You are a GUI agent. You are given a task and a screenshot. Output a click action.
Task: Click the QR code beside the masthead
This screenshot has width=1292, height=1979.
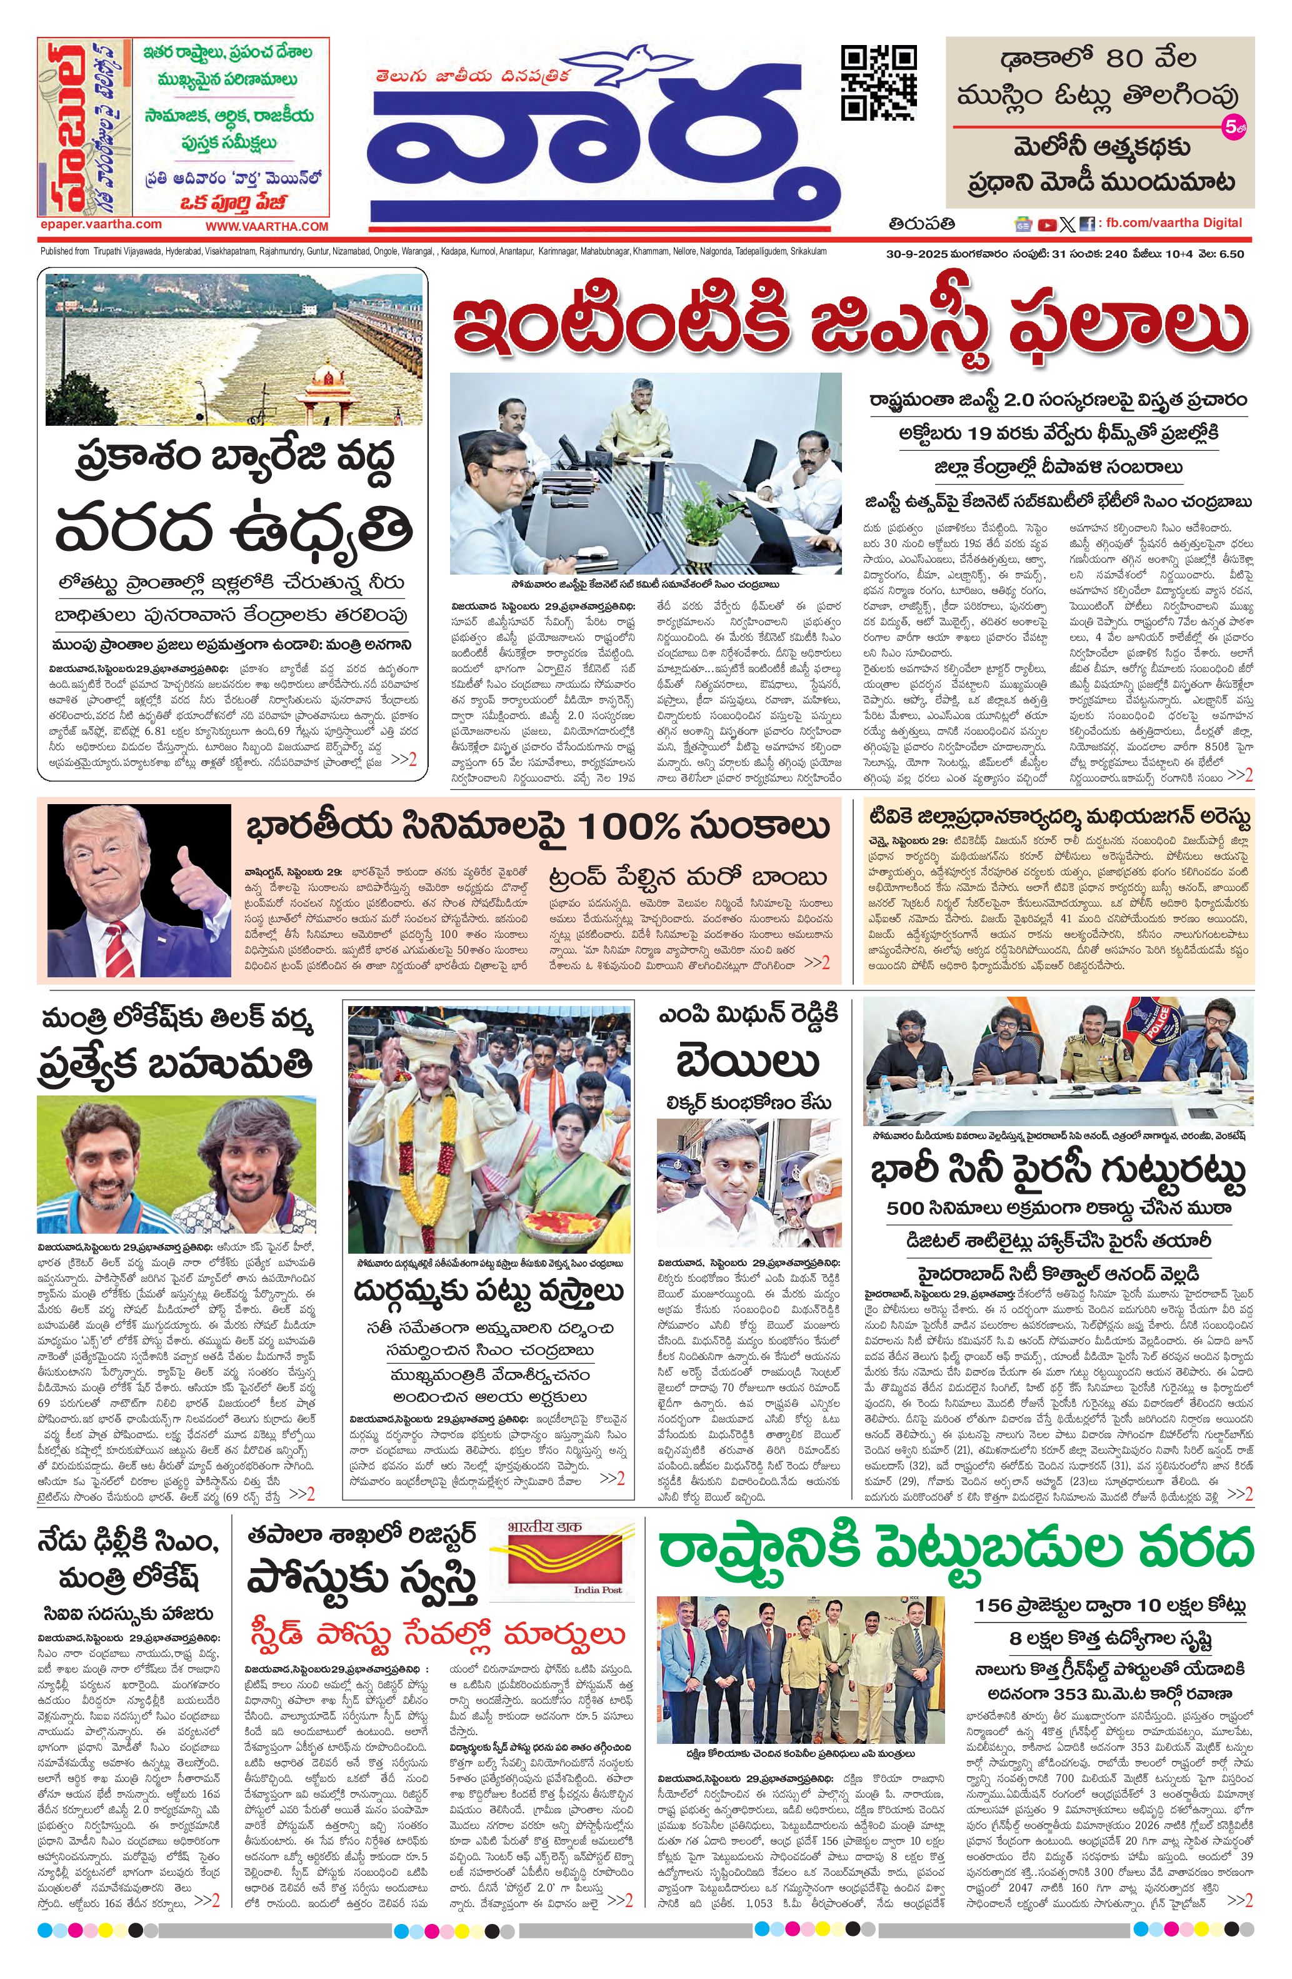tap(879, 83)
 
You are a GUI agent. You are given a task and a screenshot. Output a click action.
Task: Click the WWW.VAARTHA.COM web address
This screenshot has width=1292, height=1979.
tap(267, 226)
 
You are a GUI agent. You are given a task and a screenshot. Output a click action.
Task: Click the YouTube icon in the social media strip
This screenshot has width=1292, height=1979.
tap(1046, 224)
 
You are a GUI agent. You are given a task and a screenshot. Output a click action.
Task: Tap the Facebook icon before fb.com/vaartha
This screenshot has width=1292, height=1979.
tap(1086, 224)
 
